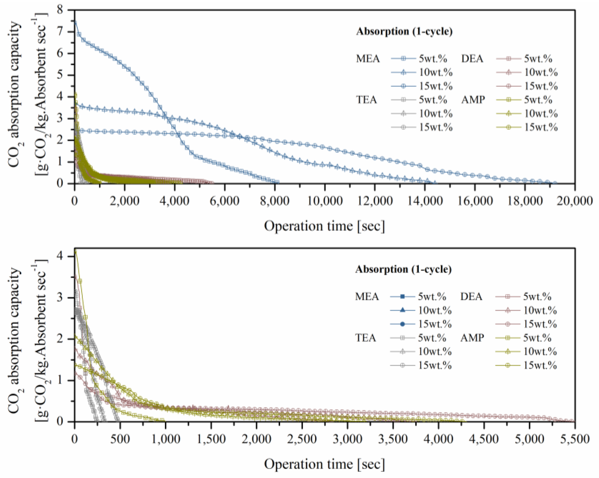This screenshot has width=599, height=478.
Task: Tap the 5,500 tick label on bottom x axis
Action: click(x=574, y=439)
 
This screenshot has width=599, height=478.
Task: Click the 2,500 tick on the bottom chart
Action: click(x=302, y=439)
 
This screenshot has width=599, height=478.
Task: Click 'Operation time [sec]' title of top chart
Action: click(x=324, y=226)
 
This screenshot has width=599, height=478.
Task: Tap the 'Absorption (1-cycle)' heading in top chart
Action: click(x=404, y=31)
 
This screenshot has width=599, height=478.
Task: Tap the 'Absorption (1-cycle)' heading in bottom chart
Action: click(x=403, y=269)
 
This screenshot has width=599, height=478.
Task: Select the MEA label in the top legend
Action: click(x=368, y=59)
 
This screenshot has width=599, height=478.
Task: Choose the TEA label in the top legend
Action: click(x=367, y=100)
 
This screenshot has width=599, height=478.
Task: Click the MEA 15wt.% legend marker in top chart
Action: click(x=403, y=86)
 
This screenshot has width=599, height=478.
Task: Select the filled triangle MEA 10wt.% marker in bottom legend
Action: click(x=402, y=310)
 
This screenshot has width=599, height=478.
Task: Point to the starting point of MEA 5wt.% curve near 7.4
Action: click(x=75, y=22)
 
